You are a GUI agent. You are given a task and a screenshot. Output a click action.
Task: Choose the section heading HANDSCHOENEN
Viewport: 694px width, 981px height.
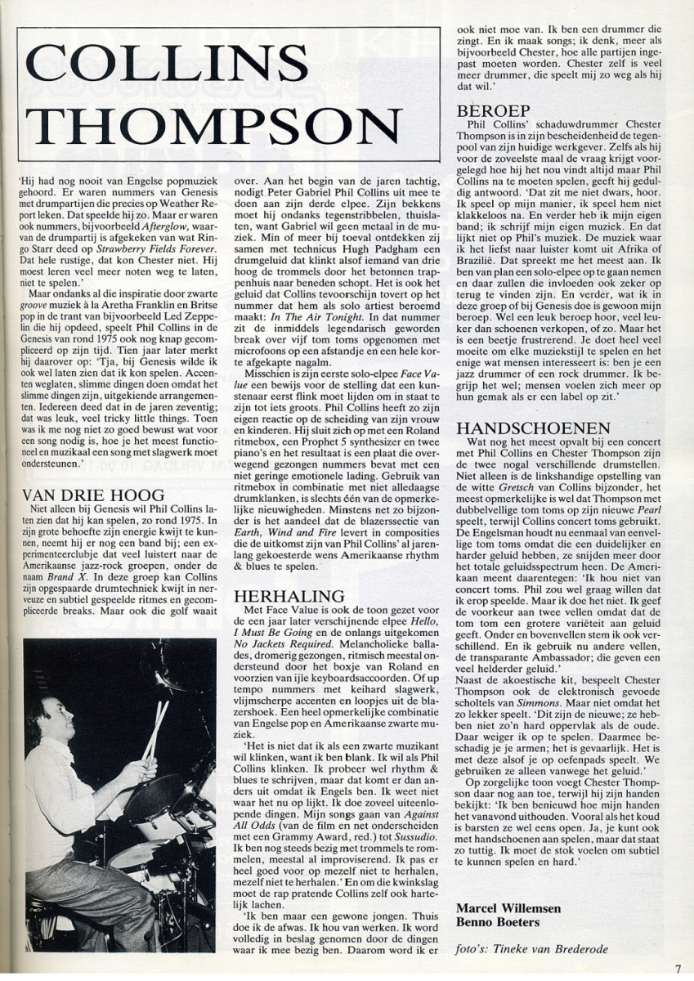click(533, 428)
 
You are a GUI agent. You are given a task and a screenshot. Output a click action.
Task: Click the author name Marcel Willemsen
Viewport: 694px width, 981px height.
click(508, 908)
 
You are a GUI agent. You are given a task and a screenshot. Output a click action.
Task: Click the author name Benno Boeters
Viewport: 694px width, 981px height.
click(498, 922)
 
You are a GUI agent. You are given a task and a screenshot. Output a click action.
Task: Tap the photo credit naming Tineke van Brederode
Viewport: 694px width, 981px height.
click(532, 949)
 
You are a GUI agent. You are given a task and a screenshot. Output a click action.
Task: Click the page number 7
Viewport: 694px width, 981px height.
click(678, 969)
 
